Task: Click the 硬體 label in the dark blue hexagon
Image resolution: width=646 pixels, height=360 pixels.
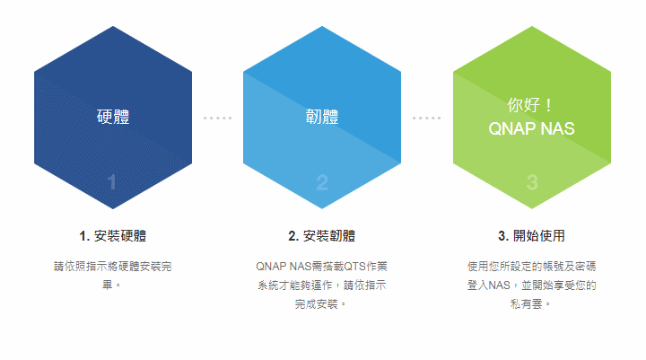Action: (x=113, y=117)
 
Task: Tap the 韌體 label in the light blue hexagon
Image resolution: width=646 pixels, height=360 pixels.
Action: (x=322, y=117)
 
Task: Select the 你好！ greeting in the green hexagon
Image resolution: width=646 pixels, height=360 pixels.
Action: (x=530, y=105)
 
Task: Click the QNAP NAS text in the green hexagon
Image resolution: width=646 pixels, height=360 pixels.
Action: (x=531, y=128)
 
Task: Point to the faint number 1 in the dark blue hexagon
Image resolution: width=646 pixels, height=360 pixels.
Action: (x=111, y=182)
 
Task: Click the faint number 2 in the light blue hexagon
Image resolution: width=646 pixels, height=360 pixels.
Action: (x=322, y=182)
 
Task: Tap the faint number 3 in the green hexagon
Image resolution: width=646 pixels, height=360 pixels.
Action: (x=532, y=182)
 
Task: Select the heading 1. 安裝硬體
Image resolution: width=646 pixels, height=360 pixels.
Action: (x=113, y=236)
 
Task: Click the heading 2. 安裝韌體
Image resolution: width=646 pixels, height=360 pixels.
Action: (x=322, y=236)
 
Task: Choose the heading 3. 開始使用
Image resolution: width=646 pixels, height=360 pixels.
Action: (x=531, y=236)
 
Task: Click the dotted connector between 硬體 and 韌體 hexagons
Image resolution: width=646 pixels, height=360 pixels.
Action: (x=217, y=118)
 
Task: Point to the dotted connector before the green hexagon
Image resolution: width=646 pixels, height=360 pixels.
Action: (x=427, y=118)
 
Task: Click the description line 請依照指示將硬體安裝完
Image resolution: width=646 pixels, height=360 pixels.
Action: (x=113, y=267)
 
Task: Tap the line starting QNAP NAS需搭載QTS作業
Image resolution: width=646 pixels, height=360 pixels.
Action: (x=322, y=267)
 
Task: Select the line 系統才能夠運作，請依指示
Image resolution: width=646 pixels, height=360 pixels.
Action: (x=322, y=285)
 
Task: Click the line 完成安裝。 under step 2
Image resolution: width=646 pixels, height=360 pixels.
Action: (x=320, y=304)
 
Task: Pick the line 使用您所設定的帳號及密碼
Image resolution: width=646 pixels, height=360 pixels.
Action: (x=531, y=267)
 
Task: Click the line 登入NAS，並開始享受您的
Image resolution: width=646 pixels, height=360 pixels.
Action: (x=531, y=285)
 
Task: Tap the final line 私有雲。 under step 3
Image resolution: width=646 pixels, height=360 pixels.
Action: (x=530, y=304)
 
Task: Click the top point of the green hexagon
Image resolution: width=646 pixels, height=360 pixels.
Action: (x=532, y=26)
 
